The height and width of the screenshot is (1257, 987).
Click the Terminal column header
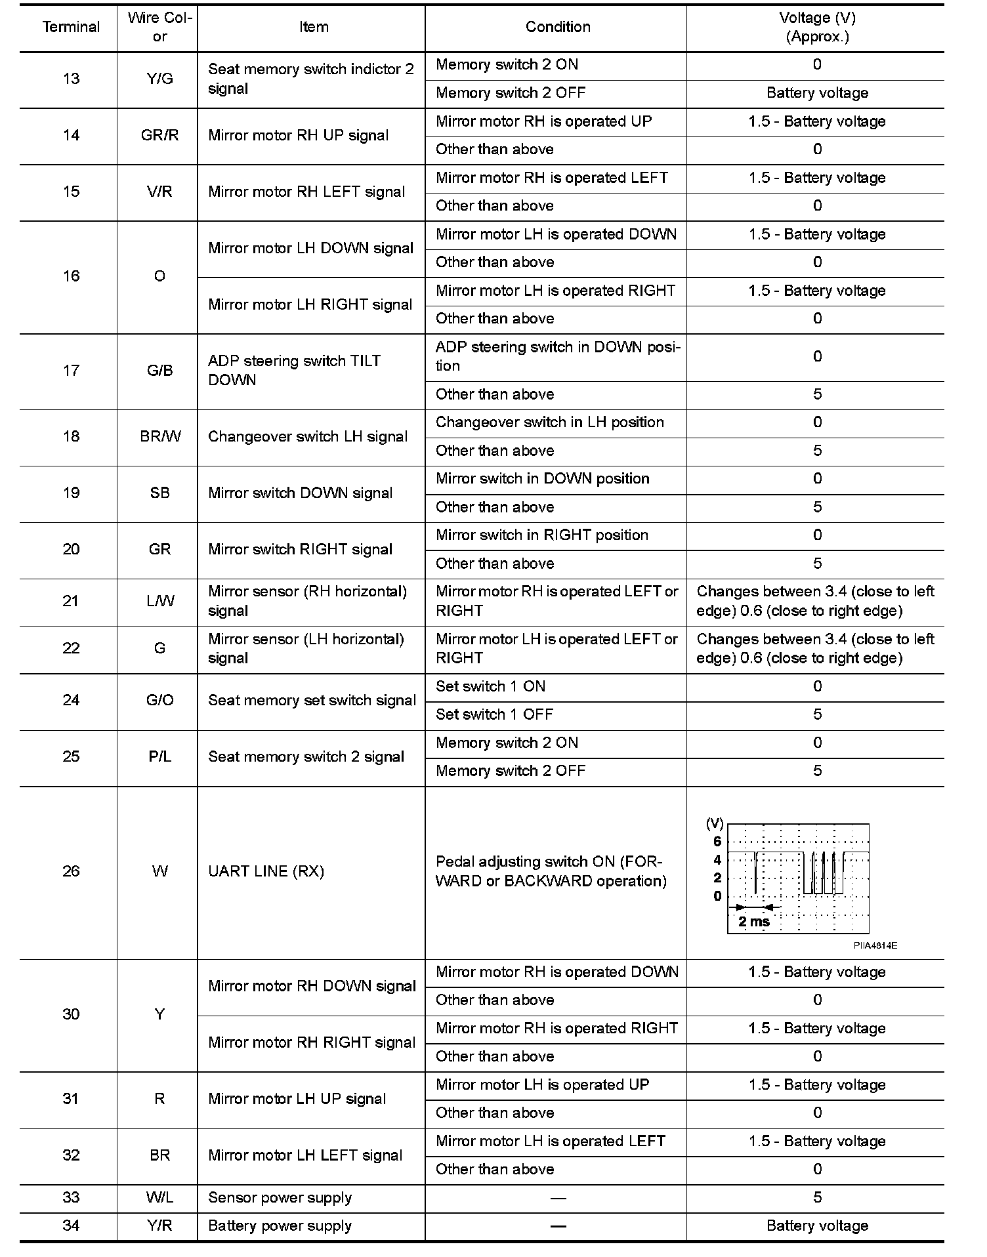pyautogui.click(x=71, y=27)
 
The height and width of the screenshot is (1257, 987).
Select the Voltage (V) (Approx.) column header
pyautogui.click(x=817, y=27)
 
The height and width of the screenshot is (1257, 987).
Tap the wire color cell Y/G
pyautogui.click(x=159, y=79)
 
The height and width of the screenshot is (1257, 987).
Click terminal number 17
pyautogui.click(x=71, y=371)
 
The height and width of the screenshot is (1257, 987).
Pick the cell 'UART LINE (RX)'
pyautogui.click(x=266, y=871)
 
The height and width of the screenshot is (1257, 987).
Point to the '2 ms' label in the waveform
pyautogui.click(x=754, y=921)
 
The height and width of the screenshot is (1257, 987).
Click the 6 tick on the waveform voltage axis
pyautogui.click(x=717, y=841)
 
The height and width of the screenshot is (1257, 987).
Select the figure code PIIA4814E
pyautogui.click(x=875, y=945)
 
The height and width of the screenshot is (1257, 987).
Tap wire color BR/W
pyautogui.click(x=160, y=437)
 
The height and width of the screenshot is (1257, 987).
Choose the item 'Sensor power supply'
pyautogui.click(x=280, y=1197)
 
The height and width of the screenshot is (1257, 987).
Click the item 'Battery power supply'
pyautogui.click(x=280, y=1226)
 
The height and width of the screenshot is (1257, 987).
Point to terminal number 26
pyautogui.click(x=71, y=871)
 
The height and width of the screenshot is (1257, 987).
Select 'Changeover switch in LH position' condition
pyautogui.click(x=549, y=422)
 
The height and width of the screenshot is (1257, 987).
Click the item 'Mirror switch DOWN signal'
pyautogui.click(x=300, y=493)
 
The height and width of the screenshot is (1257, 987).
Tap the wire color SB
pyautogui.click(x=159, y=493)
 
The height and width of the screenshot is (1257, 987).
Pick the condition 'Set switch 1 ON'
pyautogui.click(x=490, y=687)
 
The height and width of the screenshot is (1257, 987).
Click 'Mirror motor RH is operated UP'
pyautogui.click(x=543, y=121)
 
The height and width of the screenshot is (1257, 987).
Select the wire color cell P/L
pyautogui.click(x=159, y=756)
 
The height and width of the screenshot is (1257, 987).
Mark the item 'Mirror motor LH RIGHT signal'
pyautogui.click(x=310, y=304)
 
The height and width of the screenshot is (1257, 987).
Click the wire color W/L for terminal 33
pyautogui.click(x=159, y=1197)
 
